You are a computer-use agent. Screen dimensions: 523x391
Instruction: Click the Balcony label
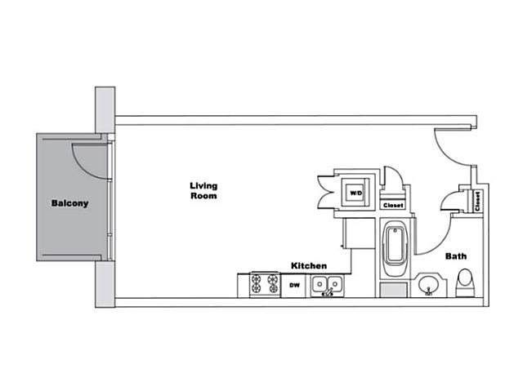69,203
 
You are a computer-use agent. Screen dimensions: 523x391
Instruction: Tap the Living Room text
203,191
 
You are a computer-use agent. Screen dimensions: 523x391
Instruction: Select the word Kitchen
309,265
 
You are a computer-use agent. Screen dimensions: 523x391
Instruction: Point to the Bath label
456,256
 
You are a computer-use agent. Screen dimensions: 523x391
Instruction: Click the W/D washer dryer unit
355,193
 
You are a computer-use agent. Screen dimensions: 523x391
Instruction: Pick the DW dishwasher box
294,286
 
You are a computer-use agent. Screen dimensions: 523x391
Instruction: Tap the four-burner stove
265,283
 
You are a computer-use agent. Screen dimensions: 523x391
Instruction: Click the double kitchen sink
327,286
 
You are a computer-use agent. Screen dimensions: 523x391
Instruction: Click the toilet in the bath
465,283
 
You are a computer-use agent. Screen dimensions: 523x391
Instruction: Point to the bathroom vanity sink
428,285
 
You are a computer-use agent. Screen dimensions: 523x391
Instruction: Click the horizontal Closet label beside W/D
393,206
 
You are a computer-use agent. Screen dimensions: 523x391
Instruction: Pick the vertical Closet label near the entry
477,202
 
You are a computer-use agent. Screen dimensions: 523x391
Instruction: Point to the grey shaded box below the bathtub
394,290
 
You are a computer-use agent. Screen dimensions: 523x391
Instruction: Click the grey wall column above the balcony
105,110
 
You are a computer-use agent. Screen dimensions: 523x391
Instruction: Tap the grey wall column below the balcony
105,284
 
